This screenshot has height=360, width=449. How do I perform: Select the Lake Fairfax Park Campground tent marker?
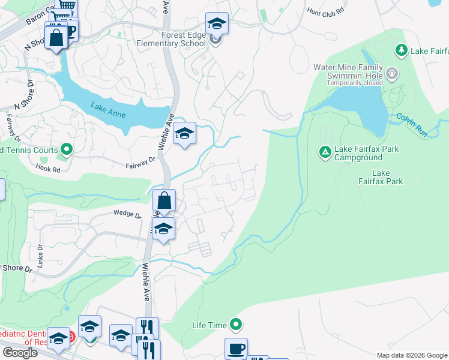pos(325,152)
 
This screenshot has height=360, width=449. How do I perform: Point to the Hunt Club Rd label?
pos(325,11)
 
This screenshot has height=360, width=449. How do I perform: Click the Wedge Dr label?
pos(127,214)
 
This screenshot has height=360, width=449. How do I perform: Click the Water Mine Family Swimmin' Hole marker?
pos(392,73)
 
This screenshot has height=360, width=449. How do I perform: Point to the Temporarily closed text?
pos(354,83)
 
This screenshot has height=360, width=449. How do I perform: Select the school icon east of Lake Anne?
pos(185,134)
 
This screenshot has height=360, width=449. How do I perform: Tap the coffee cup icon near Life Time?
pos(236,349)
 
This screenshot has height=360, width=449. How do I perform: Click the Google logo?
pos(20,353)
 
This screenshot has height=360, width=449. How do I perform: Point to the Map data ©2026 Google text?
pos(411,355)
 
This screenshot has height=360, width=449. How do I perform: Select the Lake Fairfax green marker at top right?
pos(402,50)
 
